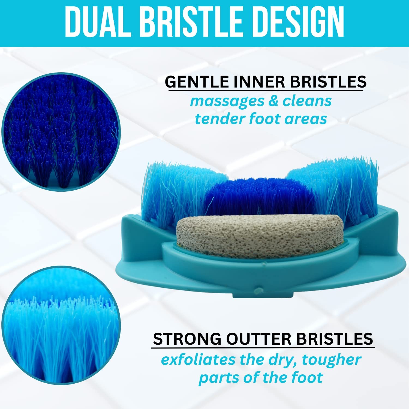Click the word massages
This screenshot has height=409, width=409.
[227, 101]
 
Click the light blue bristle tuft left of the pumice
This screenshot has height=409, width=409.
[175, 191]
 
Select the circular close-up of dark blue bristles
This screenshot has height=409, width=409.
[61, 132]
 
